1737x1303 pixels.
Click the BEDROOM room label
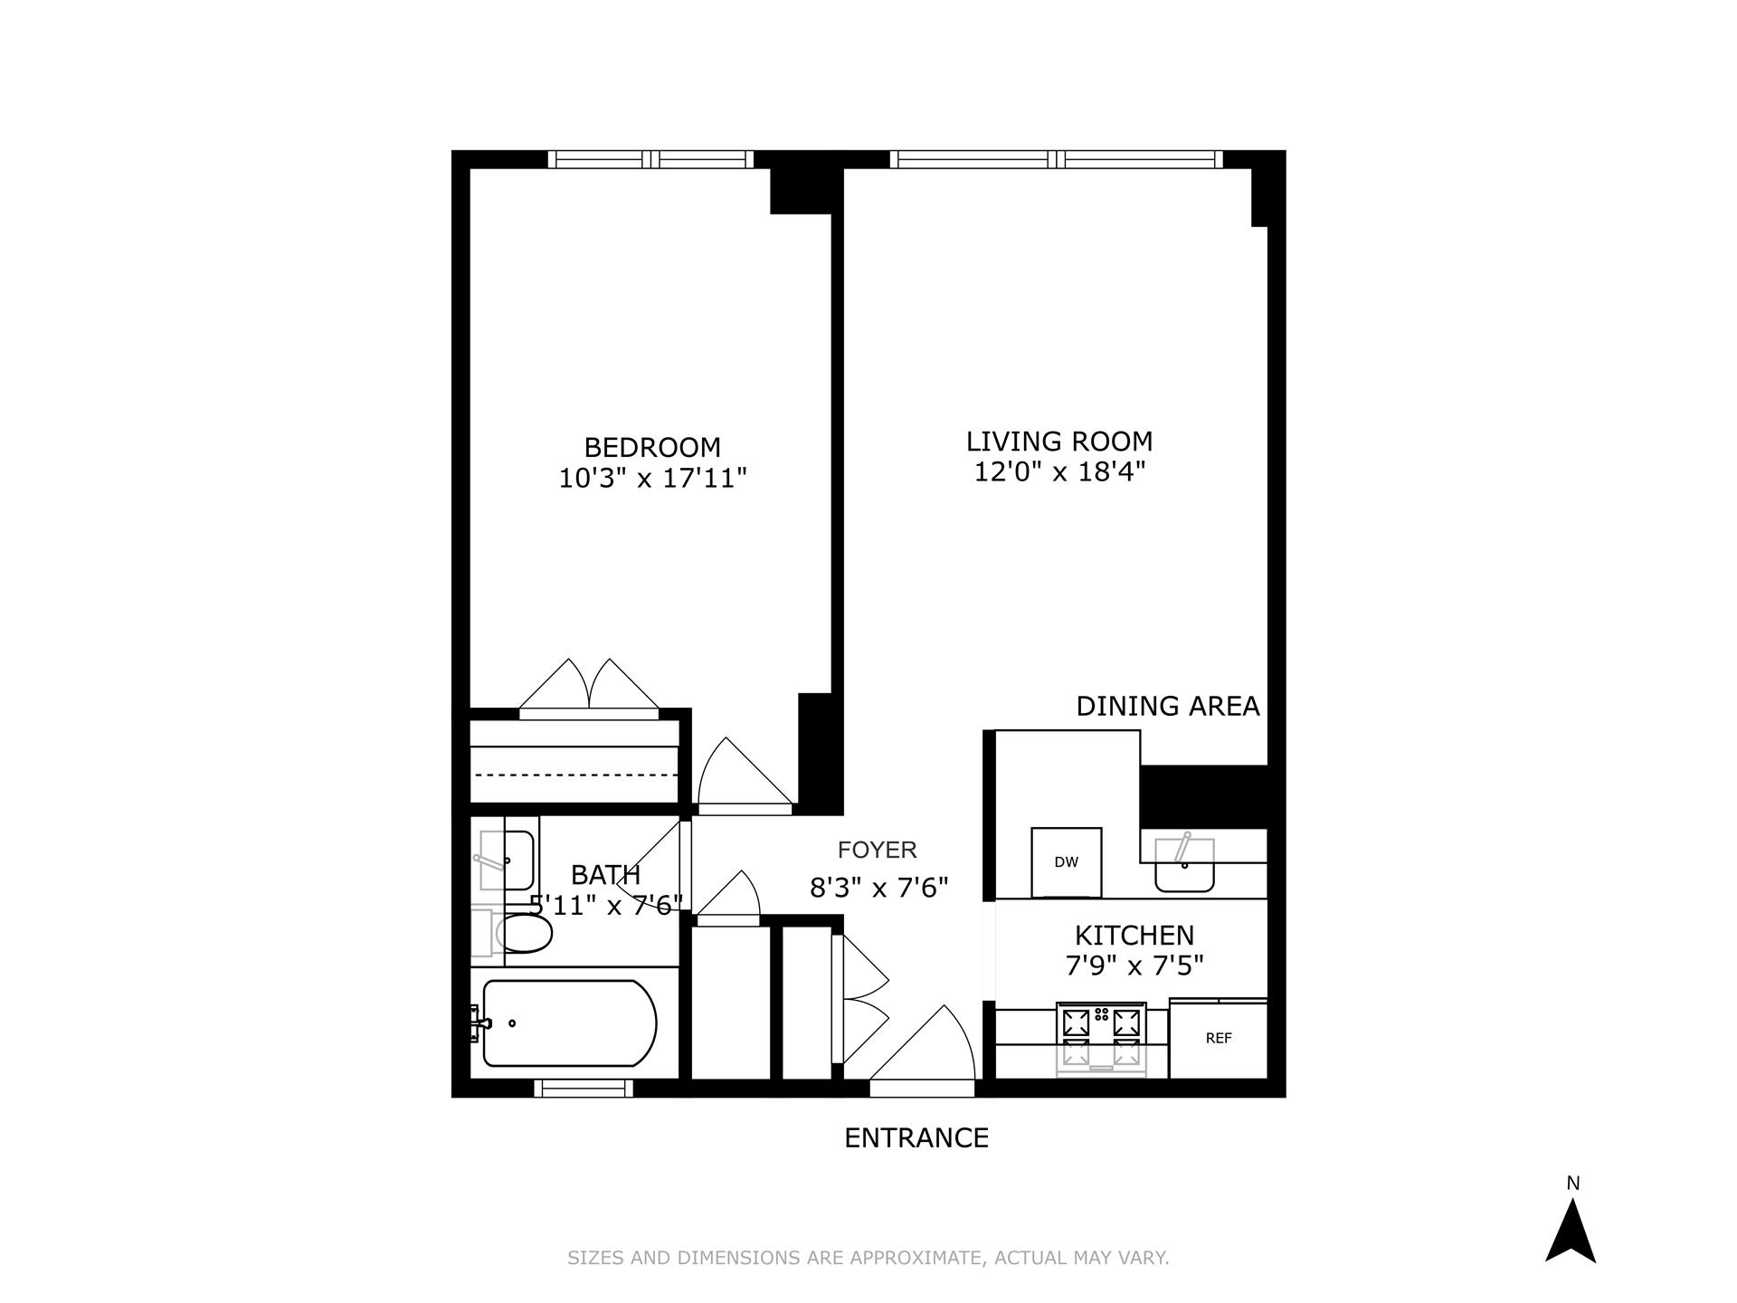652,448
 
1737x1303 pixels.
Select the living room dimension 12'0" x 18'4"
1059,471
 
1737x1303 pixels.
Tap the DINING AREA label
1167,706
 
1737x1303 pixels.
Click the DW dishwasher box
1067,861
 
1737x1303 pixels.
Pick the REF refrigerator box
1218,1039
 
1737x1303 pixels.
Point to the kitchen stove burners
1101,1038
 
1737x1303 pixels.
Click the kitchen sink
1184,864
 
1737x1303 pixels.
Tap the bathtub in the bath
568,1023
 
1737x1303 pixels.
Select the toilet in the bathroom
522,934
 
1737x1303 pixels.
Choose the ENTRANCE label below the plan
916,1137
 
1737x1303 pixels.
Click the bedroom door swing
737,774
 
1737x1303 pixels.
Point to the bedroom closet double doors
589,689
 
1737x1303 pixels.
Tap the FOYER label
877,850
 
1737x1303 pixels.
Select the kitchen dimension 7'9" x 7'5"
1134,966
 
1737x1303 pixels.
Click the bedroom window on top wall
651,159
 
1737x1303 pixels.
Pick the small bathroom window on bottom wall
584,1089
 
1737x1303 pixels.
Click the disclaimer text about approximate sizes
868,1258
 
